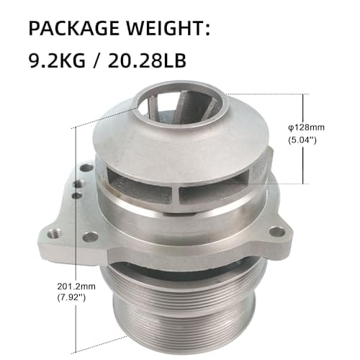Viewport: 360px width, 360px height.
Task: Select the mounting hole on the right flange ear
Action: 276,233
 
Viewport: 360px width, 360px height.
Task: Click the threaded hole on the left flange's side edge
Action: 53,234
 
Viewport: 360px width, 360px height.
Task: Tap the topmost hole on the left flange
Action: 86,168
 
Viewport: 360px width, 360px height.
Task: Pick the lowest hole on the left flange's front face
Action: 90,236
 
